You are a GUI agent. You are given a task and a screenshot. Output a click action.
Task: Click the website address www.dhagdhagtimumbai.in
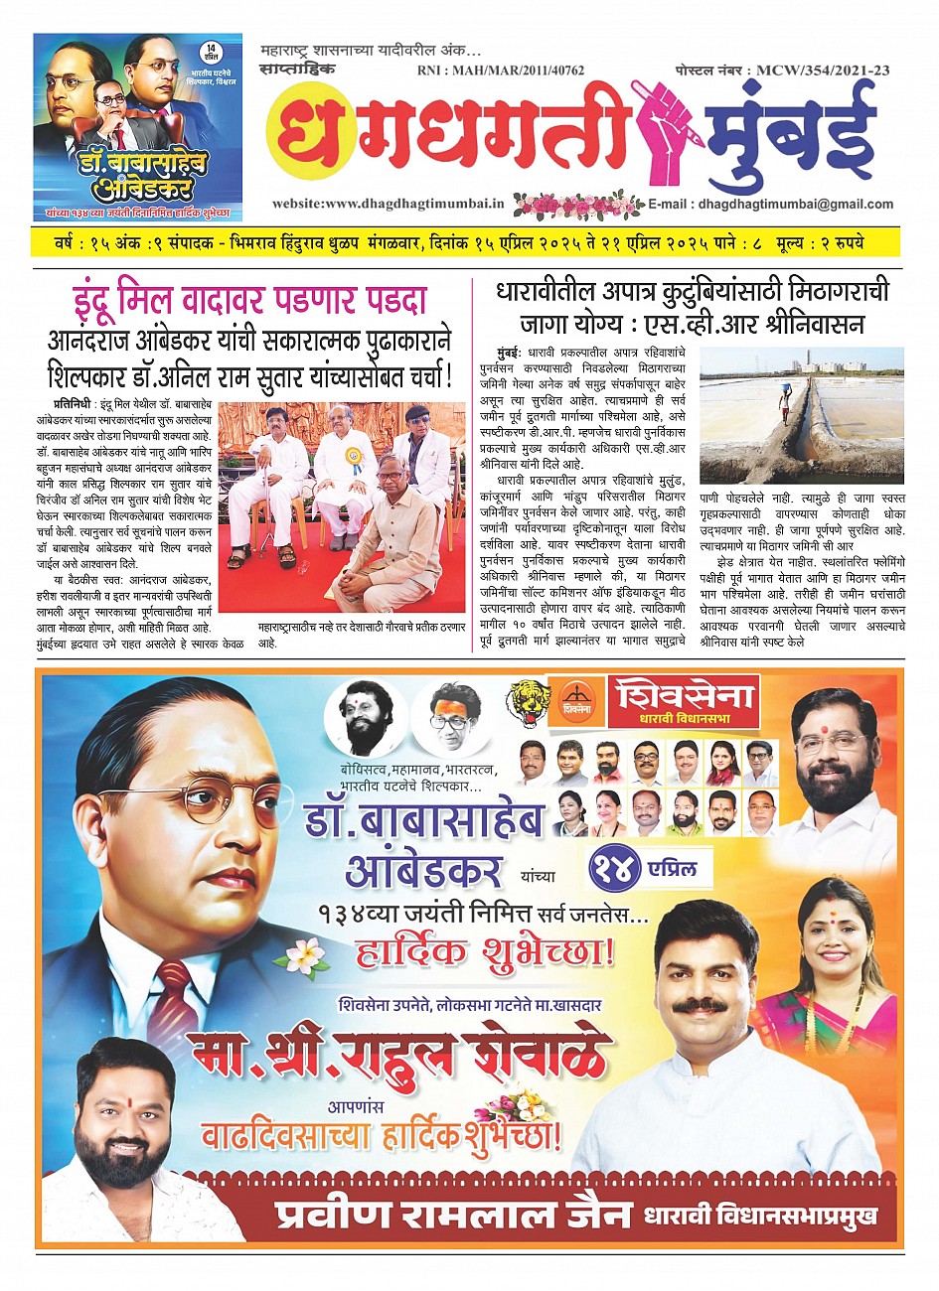389,205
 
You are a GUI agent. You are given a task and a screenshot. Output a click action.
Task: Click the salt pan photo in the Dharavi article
802,414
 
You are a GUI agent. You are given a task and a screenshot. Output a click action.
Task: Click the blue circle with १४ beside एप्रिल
621,871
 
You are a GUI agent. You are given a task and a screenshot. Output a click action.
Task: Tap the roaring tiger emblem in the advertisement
528,703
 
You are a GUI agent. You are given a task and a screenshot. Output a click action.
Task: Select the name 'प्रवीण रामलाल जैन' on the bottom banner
454,1217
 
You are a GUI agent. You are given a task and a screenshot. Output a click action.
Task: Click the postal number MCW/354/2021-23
780,71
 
